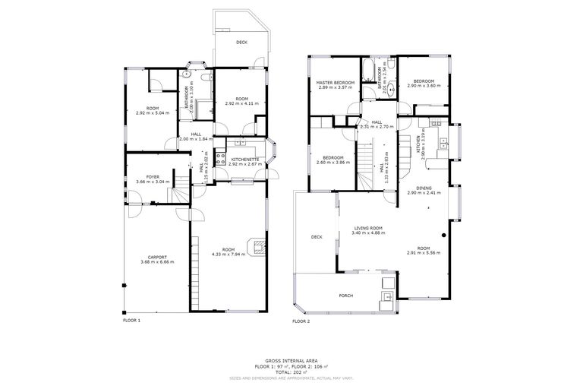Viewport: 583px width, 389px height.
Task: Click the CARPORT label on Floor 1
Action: coord(157,257)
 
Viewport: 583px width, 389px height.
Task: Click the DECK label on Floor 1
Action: coord(241,43)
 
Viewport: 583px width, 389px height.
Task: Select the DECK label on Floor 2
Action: coord(317,237)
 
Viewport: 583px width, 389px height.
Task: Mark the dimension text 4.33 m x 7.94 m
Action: coord(228,255)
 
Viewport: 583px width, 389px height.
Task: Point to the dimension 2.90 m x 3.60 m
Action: coord(424,86)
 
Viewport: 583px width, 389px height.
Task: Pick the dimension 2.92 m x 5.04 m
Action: coord(153,113)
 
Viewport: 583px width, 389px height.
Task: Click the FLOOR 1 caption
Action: coord(131,320)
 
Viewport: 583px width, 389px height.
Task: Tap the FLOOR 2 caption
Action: coord(301,321)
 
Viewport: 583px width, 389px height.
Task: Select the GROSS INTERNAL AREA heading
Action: coord(291,360)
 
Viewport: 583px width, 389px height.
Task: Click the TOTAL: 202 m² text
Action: coord(291,372)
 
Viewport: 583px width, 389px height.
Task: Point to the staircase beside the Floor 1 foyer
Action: coord(181,197)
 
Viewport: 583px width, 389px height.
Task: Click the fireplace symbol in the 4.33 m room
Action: coord(260,245)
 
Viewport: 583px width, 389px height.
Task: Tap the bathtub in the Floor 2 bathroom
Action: coord(367,74)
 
